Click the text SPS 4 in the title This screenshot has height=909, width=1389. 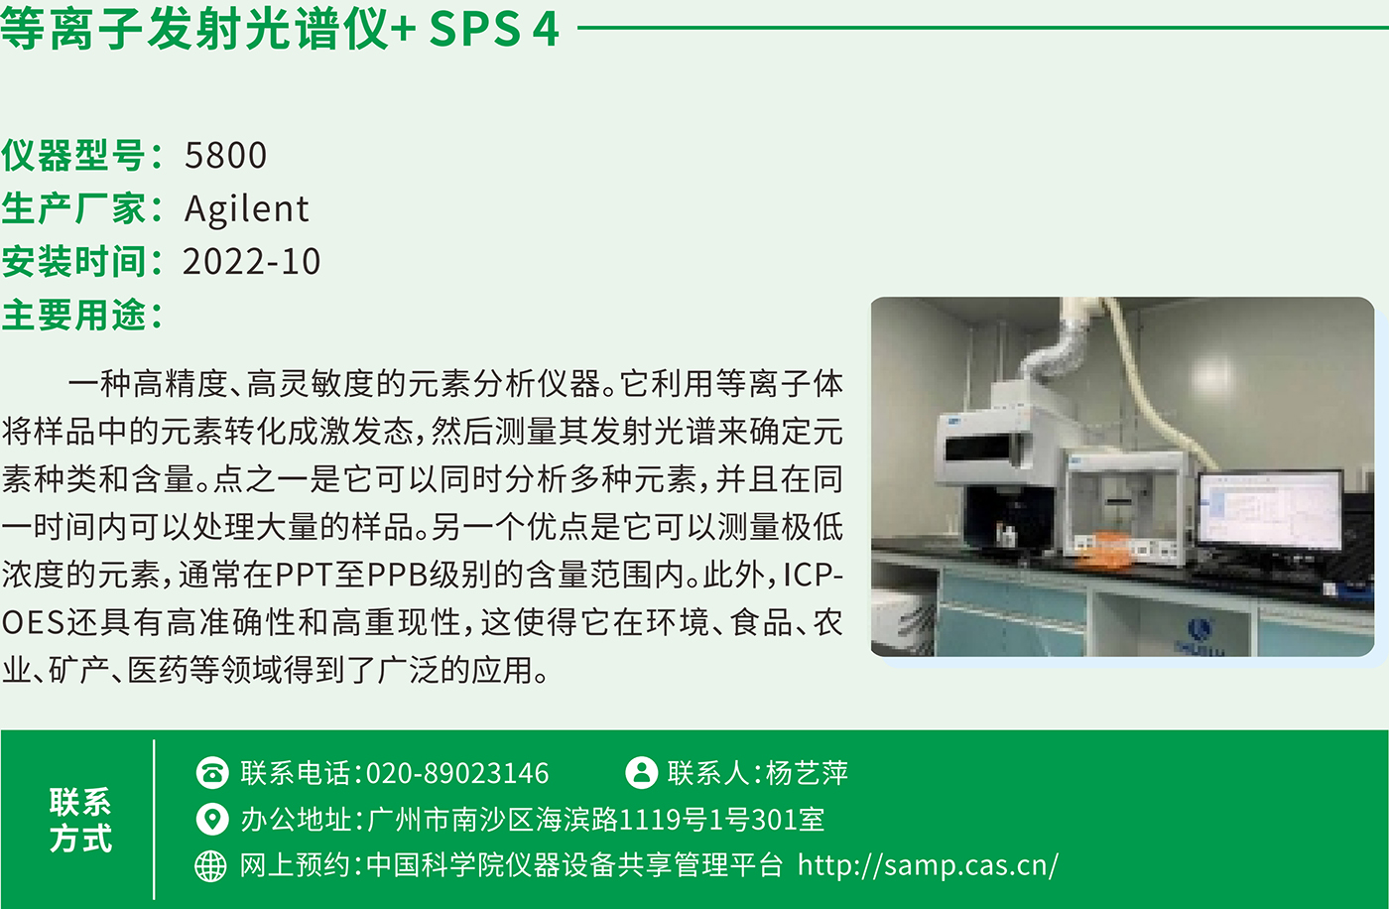click(x=494, y=29)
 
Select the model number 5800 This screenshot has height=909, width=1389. click(x=226, y=155)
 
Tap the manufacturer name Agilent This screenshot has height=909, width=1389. click(x=246, y=209)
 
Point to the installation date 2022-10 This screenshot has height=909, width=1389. click(x=251, y=261)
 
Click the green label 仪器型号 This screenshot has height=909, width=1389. click(x=73, y=155)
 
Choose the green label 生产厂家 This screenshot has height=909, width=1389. click(x=73, y=208)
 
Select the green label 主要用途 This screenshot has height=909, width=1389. click(x=73, y=315)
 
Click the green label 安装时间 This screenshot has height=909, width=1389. click(x=73, y=262)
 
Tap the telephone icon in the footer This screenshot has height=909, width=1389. click(x=212, y=773)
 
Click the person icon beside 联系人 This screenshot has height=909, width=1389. click(x=641, y=773)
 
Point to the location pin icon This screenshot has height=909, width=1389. click(x=212, y=819)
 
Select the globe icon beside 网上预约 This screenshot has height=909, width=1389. click(x=210, y=865)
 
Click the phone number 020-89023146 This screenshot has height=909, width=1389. click(x=457, y=773)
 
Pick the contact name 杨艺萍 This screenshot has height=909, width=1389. click(x=807, y=773)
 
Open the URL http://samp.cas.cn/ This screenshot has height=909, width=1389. click(x=928, y=865)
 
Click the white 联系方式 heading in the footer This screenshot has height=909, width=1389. click(x=80, y=820)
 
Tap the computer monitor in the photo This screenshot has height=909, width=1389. click(x=1269, y=511)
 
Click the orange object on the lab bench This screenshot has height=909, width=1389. click(x=1103, y=550)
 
